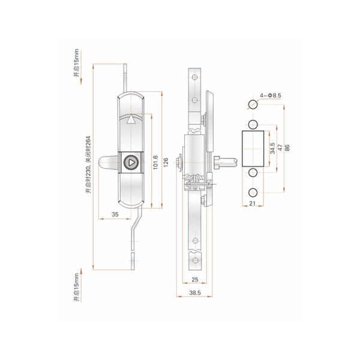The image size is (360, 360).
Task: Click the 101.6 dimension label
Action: pyautogui.click(x=155, y=163)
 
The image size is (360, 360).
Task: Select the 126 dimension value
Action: pyautogui.click(x=166, y=163)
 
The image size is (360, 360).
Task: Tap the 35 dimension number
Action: pyautogui.click(x=115, y=214)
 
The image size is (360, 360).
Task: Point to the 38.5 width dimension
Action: pyautogui.click(x=195, y=293)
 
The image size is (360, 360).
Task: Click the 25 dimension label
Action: pyautogui.click(x=194, y=280)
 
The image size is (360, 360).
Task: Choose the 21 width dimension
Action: pyautogui.click(x=253, y=203)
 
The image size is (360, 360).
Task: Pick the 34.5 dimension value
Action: pyautogui.click(x=272, y=148)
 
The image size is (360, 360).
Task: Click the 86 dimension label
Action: pyautogui.click(x=287, y=148)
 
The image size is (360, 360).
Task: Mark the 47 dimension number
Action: pyautogui.click(x=280, y=148)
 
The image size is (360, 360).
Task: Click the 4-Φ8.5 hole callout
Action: pyautogui.click(x=270, y=95)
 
